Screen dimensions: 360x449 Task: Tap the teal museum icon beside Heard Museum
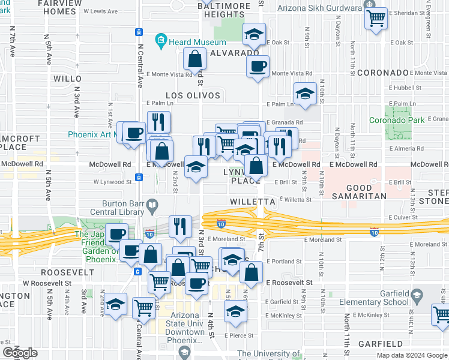(x=160, y=41)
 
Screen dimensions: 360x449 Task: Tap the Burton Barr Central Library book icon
(x=153, y=206)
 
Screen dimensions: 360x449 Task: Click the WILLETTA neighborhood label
(x=252, y=202)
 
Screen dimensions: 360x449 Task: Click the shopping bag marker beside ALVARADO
(x=194, y=59)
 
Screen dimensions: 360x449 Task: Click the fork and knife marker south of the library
(x=180, y=226)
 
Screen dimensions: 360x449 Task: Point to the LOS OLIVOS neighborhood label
(x=193, y=95)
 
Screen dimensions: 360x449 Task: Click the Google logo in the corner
(x=20, y=352)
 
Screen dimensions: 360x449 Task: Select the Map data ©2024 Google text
(x=412, y=355)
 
